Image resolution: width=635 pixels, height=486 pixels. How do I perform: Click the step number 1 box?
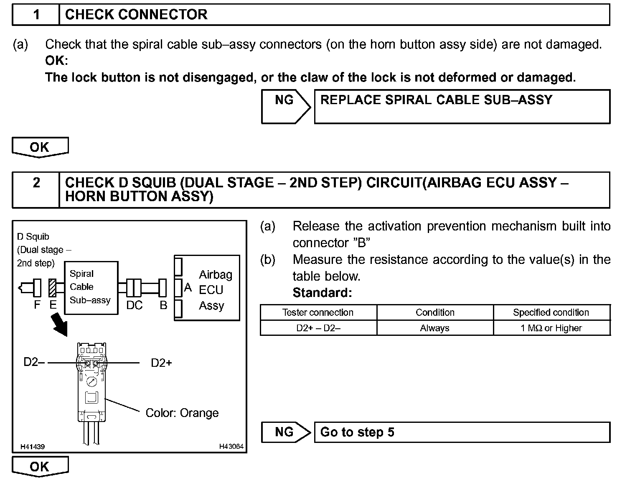coord(36,15)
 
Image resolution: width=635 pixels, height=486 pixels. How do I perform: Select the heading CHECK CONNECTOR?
coord(136,15)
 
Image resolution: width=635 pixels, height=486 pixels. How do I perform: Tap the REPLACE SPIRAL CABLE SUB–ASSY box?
coord(462,107)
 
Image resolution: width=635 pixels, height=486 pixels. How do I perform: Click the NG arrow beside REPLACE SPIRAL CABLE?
coord(286,107)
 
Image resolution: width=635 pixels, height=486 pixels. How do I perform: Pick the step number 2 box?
coord(36,189)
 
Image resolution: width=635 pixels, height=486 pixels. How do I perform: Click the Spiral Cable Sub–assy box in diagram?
coord(91,287)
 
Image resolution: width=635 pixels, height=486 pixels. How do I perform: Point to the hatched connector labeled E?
coord(53,288)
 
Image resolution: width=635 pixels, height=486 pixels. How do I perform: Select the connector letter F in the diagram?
coord(37,305)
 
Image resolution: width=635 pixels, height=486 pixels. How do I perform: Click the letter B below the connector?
coord(163,305)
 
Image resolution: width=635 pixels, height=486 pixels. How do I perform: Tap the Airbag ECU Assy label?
coord(215,290)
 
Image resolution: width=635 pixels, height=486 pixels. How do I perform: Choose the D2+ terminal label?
coord(161,363)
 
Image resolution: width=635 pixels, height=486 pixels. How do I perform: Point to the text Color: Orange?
coord(182,413)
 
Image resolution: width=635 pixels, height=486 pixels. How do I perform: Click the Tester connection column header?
coord(318,312)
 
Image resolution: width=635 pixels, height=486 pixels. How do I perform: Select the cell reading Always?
coord(434,328)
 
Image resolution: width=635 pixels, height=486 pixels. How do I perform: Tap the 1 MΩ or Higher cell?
coord(551,328)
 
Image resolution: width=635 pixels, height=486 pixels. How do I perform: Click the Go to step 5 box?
coord(462,432)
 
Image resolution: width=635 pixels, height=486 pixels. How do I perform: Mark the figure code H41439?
coord(33,447)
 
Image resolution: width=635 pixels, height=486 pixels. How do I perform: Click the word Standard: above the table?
coord(322,292)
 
